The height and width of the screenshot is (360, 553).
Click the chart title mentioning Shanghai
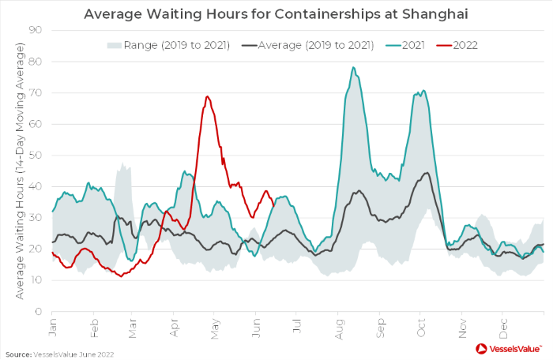276,13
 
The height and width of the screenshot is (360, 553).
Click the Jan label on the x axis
52,324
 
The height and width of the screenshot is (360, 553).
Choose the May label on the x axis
215,324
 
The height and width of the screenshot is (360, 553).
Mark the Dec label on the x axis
502,324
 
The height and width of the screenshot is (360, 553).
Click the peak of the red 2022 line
208,96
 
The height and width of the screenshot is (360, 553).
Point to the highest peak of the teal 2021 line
353,67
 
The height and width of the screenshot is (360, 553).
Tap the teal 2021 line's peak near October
423,91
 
